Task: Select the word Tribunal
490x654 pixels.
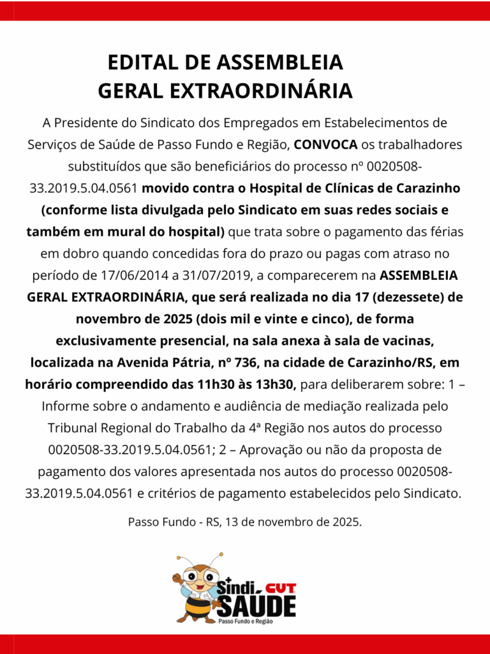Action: tap(71, 427)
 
